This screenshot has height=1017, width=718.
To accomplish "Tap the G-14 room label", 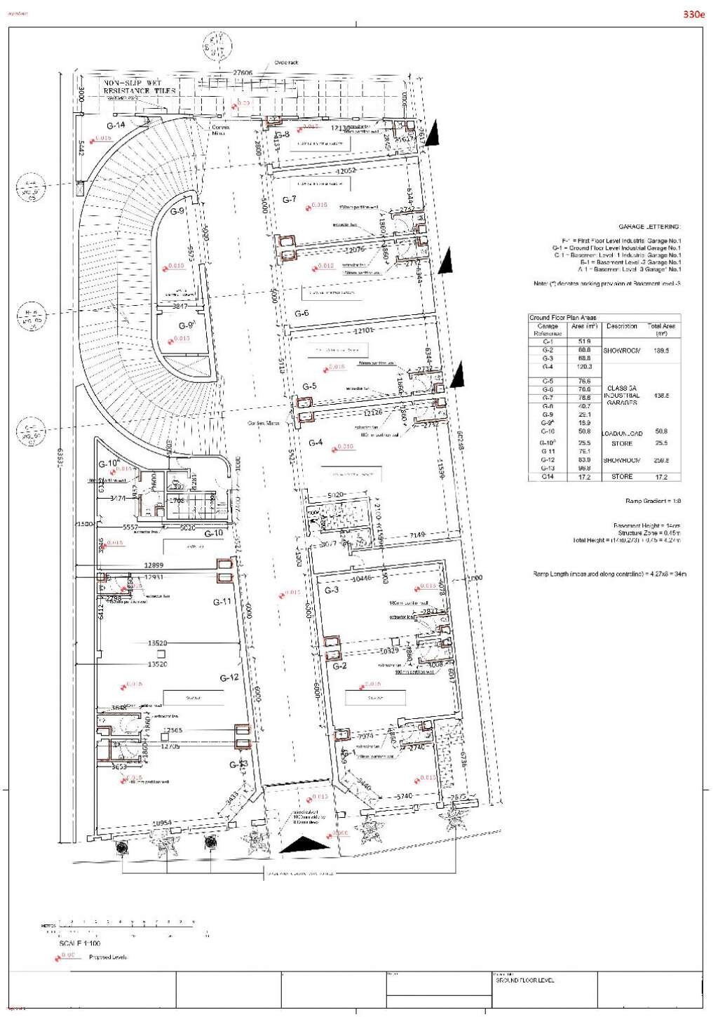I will (116, 126).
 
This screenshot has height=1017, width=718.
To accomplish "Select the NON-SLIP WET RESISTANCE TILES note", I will (140, 87).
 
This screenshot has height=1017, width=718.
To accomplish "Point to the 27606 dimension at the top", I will (243, 73).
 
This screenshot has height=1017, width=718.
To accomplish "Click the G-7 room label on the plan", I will (290, 200).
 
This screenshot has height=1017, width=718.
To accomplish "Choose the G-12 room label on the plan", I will (229, 678).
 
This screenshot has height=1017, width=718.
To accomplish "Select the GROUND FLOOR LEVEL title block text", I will (524, 981).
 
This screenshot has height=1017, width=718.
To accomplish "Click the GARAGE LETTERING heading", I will (649, 227).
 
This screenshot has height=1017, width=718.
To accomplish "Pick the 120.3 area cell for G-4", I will (585, 367).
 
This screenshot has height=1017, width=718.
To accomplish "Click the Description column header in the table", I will (621, 326).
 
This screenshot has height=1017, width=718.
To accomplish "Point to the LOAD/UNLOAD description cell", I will (621, 433).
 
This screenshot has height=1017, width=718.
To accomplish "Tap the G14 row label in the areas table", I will (548, 477).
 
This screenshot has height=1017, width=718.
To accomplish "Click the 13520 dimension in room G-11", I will (157, 643).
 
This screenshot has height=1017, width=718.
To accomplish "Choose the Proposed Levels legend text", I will (108, 957).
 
